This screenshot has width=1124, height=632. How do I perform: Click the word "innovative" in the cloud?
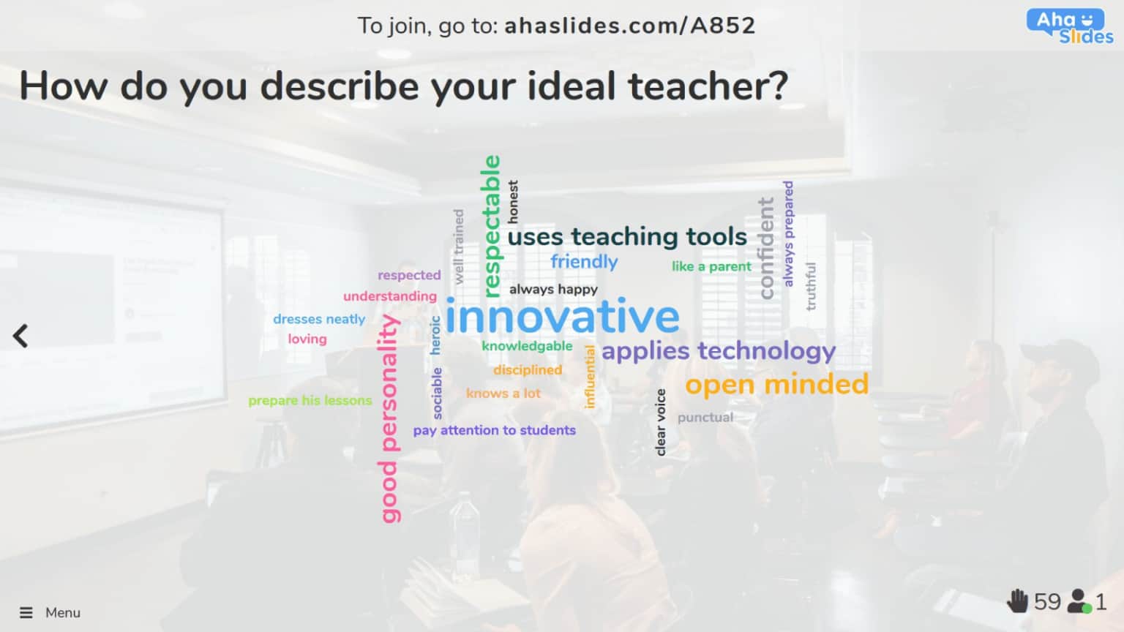coord(562,317)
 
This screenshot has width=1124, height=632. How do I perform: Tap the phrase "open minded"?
coord(776,385)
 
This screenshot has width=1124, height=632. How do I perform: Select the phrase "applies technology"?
coord(718,352)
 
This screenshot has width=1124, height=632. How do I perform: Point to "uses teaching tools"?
coord(627,237)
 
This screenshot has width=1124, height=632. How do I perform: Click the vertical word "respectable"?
coord(492,226)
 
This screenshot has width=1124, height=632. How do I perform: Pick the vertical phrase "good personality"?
coord(389,418)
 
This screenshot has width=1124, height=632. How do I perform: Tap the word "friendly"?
coord(584,262)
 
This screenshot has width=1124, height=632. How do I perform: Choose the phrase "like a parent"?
coord(711,267)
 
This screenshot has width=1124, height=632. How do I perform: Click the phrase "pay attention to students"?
coord(494,430)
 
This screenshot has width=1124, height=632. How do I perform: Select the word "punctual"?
coord(705,418)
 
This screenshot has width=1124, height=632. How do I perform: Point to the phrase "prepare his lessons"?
coord(310,401)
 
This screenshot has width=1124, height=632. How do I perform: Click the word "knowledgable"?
coord(527,346)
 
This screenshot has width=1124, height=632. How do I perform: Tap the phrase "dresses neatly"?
coord(319,320)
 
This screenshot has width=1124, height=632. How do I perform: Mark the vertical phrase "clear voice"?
coord(661,422)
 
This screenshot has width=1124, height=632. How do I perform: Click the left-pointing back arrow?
coord(20,336)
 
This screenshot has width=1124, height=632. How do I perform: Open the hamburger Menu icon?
coord(26,613)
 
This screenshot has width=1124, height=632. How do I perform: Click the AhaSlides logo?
coord(1069,27)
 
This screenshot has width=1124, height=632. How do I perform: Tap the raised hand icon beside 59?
coord(1017,601)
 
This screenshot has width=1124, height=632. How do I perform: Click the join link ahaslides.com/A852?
coord(629,26)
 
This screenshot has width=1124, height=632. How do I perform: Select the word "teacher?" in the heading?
coord(708,86)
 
